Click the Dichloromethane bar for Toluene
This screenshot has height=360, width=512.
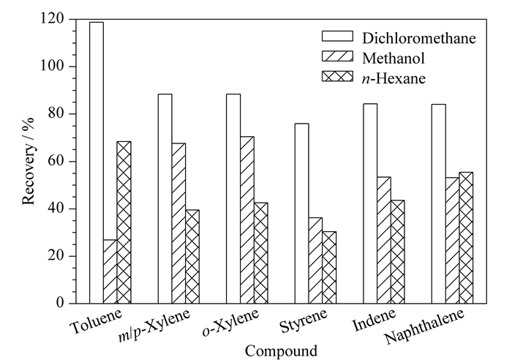[97, 162]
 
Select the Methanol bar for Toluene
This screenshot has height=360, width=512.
[110, 271]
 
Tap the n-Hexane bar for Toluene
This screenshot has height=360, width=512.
[124, 222]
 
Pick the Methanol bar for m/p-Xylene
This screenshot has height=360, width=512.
[178, 223]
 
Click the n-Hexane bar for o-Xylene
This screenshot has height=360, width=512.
[261, 253]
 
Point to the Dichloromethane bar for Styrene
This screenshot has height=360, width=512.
[301, 214]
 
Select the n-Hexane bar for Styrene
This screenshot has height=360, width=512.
[329, 268]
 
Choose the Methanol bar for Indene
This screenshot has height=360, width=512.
[384, 240]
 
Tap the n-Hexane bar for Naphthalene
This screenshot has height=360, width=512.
[466, 238]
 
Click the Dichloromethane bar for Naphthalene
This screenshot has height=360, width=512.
[439, 204]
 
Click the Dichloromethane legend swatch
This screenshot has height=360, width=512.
[338, 37]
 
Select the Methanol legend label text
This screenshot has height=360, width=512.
[394, 59]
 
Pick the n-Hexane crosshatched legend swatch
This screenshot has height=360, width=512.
[338, 76]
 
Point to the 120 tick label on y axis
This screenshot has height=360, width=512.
[52, 18]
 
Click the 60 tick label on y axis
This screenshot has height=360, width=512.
[56, 161]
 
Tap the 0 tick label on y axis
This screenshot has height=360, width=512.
[60, 303]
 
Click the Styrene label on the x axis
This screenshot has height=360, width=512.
[304, 320]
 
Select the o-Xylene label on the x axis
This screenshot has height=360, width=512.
[231, 323]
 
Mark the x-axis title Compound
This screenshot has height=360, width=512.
[281, 351]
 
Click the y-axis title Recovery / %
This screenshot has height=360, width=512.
[29, 161]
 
